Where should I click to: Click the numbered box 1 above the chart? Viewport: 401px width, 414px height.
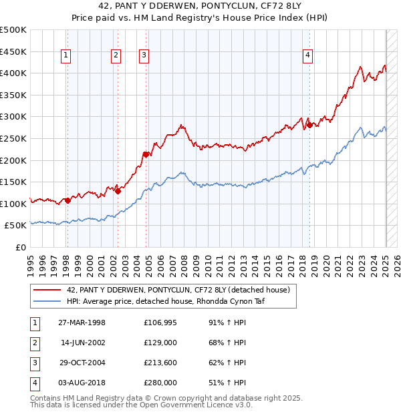point(67,56)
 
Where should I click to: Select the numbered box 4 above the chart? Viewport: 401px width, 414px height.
point(308,56)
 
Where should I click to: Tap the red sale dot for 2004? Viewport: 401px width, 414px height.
point(145,154)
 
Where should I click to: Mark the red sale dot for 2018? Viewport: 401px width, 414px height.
point(309,125)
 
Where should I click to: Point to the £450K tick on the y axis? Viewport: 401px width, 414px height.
point(14,51)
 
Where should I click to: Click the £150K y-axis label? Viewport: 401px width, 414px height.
point(14,182)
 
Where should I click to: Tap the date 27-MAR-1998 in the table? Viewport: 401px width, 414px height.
point(82,324)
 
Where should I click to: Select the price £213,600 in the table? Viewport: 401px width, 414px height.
point(160,364)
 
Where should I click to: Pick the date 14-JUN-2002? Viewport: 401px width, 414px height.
point(82,344)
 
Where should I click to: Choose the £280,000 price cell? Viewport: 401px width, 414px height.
point(160,383)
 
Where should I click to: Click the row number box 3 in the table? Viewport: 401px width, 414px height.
point(34,364)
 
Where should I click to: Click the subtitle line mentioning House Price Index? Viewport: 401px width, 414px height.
point(200,19)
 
